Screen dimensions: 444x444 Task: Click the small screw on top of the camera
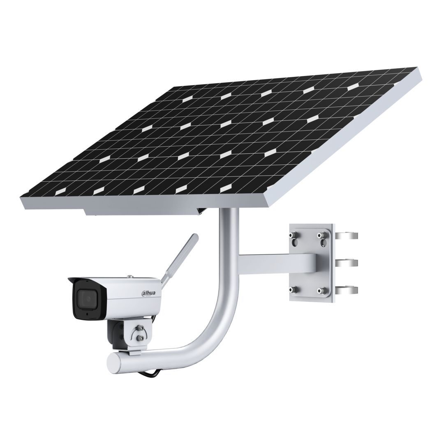click(x=129, y=276)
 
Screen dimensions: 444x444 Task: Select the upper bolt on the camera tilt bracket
click(x=140, y=328)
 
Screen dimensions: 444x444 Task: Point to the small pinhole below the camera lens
click(x=88, y=314)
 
